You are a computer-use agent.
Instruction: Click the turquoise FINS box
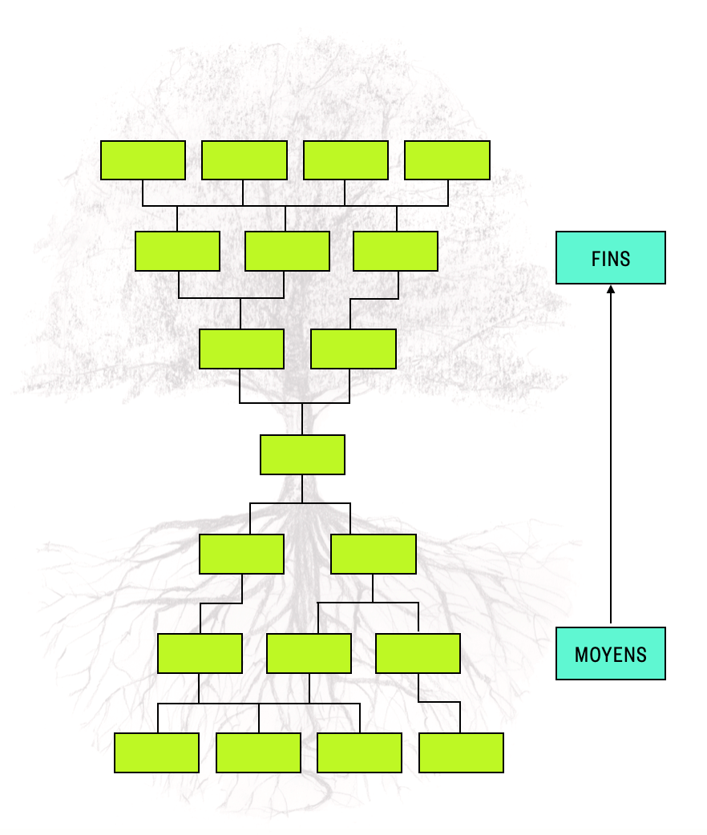click(x=611, y=258)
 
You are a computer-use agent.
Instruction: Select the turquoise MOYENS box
click(x=611, y=653)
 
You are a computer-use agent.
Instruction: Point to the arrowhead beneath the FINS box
click(x=611, y=289)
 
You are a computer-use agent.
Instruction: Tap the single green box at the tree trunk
click(x=303, y=455)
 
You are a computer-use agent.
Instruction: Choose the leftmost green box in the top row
click(x=143, y=160)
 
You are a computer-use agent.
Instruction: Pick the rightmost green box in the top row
click(x=447, y=160)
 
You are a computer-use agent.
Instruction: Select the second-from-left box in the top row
click(x=244, y=160)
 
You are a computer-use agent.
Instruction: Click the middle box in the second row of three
click(x=287, y=251)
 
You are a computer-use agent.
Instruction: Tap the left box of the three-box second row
click(x=177, y=251)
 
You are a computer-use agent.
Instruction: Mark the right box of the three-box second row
click(x=395, y=251)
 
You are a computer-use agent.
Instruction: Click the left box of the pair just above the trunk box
click(x=241, y=349)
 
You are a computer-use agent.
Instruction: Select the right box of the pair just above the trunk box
click(x=353, y=349)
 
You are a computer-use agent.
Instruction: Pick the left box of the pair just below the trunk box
click(x=241, y=554)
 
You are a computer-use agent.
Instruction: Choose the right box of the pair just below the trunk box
click(x=374, y=554)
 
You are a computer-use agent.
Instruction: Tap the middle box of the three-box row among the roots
click(x=309, y=653)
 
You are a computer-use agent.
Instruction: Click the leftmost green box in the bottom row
click(x=156, y=752)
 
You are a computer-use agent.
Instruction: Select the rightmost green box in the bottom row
click(x=462, y=752)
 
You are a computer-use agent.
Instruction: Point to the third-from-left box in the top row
click(x=345, y=160)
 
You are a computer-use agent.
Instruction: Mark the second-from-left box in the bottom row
click(x=258, y=752)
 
